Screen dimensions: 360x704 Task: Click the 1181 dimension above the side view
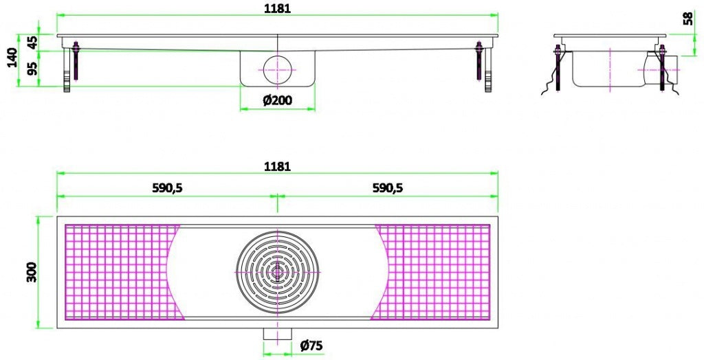[x=278, y=9]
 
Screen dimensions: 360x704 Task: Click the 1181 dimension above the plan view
[x=278, y=166]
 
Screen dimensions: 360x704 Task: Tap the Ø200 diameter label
[x=277, y=100]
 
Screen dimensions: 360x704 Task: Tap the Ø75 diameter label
[x=311, y=346]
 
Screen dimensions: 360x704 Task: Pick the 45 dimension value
[x=32, y=41]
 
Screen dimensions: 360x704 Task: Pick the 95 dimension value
[x=32, y=68]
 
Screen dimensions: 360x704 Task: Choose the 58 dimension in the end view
[x=688, y=19]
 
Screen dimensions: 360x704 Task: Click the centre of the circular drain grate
[x=277, y=271]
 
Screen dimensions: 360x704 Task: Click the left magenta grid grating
[x=117, y=272]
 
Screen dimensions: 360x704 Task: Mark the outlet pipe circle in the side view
[x=277, y=69]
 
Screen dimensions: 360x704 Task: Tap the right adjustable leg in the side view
[x=487, y=69]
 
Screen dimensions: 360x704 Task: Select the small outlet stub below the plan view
[x=278, y=333]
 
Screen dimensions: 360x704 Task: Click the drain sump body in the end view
[x=608, y=69]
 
